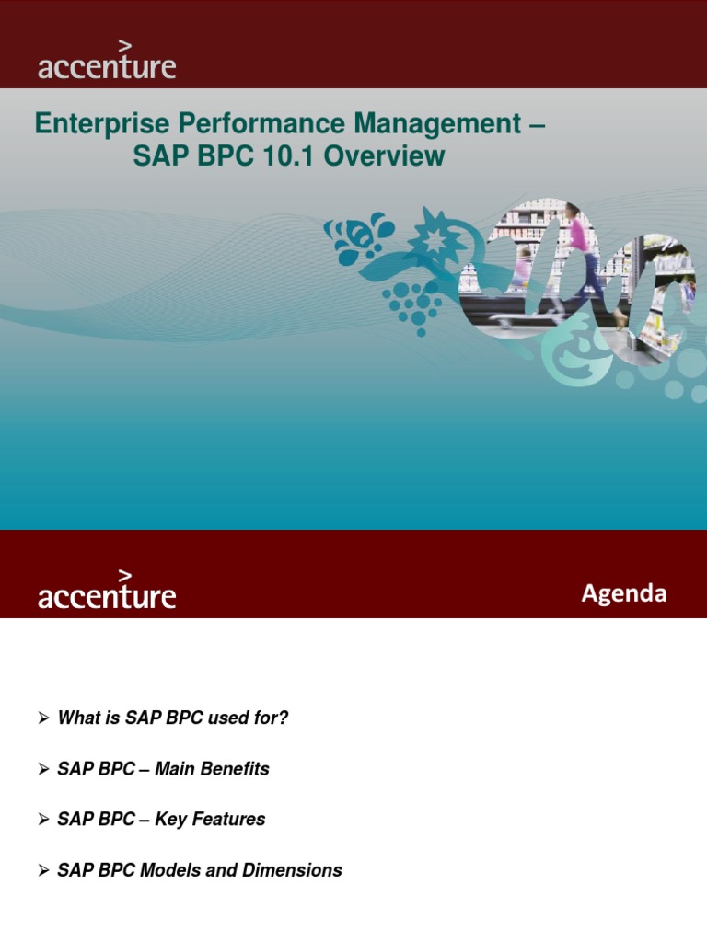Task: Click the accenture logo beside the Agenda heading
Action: (x=106, y=592)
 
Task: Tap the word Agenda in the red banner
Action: (x=623, y=594)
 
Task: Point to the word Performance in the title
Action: (x=222, y=124)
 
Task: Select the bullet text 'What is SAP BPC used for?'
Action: (x=173, y=718)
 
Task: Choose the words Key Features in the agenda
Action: (x=210, y=820)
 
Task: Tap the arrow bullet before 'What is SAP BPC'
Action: (x=43, y=718)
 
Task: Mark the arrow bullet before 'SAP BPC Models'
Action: (x=43, y=870)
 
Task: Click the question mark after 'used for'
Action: (x=284, y=718)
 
